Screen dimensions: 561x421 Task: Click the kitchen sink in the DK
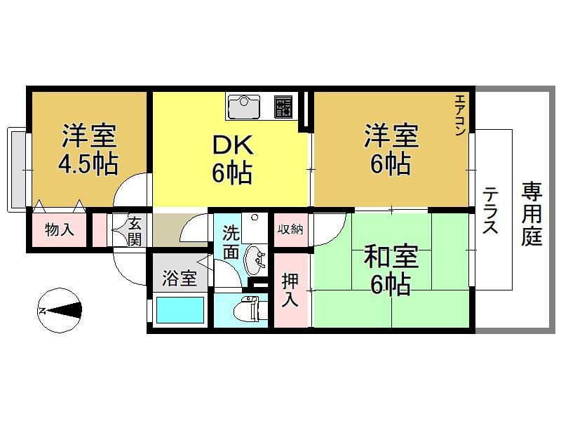click(244, 107)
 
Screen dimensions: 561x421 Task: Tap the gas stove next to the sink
click(283, 107)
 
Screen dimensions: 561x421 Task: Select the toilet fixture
click(246, 309)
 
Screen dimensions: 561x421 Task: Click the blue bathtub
click(180, 310)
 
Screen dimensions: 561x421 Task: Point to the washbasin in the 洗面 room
click(255, 260)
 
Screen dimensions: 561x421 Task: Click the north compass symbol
click(60, 310)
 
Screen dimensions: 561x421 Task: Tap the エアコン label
click(460, 115)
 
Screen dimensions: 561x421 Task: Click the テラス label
click(490, 210)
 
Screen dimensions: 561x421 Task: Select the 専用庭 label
click(532, 214)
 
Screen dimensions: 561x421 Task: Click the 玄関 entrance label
click(135, 232)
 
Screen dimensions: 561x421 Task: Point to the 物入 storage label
click(60, 229)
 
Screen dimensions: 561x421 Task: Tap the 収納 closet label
click(290, 229)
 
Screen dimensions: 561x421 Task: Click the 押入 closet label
click(290, 290)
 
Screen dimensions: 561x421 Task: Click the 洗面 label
click(231, 242)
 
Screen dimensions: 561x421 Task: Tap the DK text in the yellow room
click(233, 145)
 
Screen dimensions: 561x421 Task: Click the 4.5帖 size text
click(88, 164)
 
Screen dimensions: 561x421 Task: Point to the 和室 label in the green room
click(391, 258)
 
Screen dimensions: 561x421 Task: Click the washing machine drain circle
click(255, 218)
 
